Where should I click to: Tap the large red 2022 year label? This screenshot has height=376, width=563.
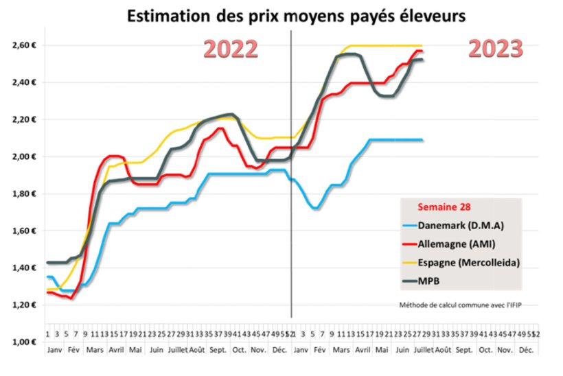pos(231,49)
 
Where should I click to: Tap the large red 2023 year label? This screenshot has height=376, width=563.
pos(496,48)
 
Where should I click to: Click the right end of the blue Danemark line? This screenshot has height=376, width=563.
pos(422,140)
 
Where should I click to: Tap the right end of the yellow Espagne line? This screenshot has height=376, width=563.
pos(422,46)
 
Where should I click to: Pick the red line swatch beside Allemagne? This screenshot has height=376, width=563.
pos(414,244)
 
